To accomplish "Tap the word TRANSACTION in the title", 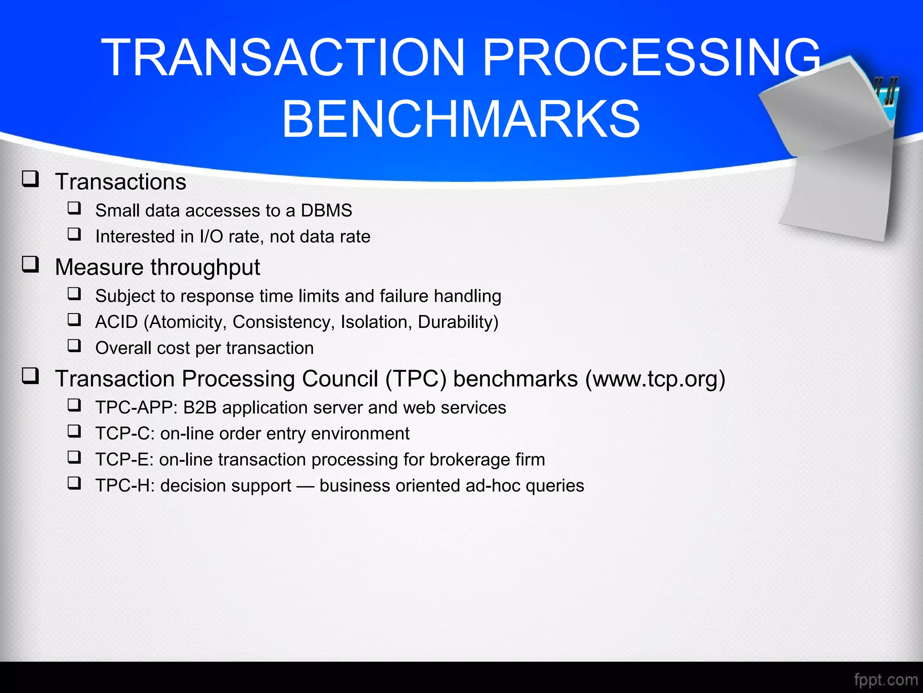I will tap(283, 58).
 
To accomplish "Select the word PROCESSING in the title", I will tap(652, 58).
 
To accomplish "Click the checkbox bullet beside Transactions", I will tap(31, 179).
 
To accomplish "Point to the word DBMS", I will tap(326, 211).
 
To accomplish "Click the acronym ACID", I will tap(116, 322).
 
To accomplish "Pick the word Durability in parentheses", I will tap(456, 322).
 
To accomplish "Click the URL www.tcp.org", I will tap(655, 379).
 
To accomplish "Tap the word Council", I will tap(340, 379).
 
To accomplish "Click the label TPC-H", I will tap(124, 486).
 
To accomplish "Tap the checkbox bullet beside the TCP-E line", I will tap(74, 457).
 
